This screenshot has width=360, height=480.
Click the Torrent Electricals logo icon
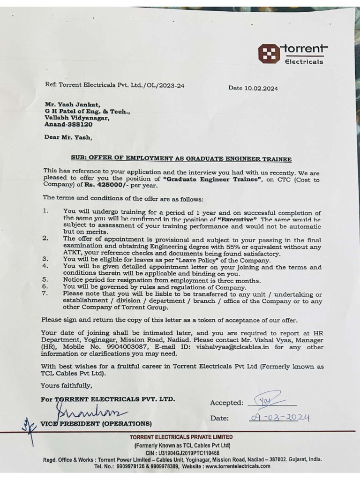[268, 53]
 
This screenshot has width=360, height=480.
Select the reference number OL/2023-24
[164, 85]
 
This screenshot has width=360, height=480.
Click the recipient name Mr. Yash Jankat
[72, 105]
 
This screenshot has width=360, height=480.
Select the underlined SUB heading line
[181, 159]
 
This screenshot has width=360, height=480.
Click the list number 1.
[45, 211]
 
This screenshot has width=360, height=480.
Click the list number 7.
[45, 294]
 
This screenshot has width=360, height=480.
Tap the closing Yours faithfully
[66, 385]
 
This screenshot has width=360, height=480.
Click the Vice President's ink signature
[89, 412]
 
